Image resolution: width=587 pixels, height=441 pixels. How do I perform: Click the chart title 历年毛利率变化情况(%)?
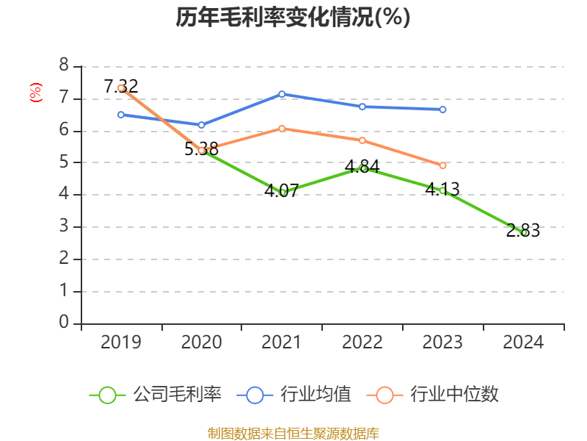293,18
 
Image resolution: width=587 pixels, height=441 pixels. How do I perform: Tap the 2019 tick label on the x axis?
121,342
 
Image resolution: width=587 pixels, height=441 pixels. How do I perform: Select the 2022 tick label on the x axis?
362,342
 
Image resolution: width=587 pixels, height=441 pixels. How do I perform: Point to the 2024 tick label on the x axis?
523,342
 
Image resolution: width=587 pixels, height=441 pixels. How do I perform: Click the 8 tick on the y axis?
64,66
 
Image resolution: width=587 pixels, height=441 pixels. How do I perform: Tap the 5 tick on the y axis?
64,162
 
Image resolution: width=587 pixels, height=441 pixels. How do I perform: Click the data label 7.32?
121,87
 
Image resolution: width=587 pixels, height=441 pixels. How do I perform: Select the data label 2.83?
523,231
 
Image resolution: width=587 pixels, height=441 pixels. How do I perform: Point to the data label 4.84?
362,166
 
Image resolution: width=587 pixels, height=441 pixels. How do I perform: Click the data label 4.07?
282,191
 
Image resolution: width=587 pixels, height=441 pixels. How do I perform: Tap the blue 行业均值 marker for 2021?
282,94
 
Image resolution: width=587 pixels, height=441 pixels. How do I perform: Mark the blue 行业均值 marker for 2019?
121,115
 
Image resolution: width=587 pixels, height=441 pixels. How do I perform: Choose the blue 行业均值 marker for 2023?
442,110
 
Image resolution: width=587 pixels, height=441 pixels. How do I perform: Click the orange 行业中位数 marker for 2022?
362,140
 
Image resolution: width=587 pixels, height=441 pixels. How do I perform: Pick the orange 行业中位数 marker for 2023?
442,166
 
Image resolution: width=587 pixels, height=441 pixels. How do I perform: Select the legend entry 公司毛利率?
156,395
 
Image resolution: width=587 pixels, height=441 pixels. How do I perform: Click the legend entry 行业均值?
294,395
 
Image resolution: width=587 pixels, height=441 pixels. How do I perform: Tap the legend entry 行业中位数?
437,395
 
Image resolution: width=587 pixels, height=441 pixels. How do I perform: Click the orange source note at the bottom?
293,433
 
